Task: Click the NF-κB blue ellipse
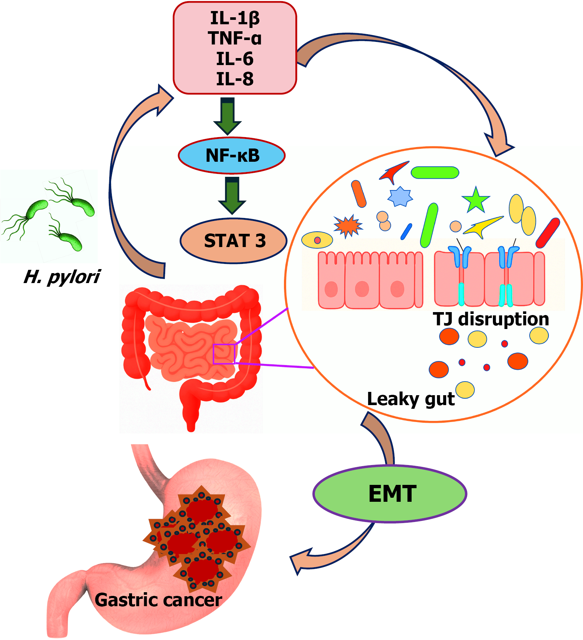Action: coord(232,155)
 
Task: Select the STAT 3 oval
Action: coord(234,241)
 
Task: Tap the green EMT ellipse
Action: coord(390,493)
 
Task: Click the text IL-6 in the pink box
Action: coord(235,59)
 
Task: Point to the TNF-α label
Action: coord(235,38)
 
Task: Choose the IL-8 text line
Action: coord(235,79)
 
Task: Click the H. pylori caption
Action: coord(62,277)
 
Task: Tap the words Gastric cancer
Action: coord(158,600)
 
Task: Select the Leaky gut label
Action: coord(410,399)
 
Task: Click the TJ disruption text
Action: coord(491,319)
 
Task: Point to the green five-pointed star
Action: coord(476,200)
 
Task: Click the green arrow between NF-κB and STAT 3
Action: coord(232,195)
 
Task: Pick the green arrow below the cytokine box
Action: coord(228,116)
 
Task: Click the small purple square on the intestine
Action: coord(224,354)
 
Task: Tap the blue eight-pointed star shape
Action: coord(400,196)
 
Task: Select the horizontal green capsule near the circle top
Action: coord(435,172)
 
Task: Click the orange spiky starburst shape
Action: coord(348,226)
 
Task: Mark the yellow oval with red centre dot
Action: coord(317,240)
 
